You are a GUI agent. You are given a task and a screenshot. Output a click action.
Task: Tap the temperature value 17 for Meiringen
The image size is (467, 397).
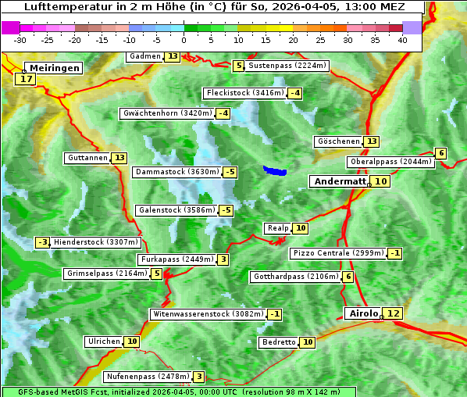[x=26, y=79]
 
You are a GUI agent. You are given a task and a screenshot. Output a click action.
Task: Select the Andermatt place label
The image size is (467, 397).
[x=340, y=181]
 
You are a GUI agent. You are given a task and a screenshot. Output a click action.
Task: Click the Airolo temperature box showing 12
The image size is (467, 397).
[x=393, y=313]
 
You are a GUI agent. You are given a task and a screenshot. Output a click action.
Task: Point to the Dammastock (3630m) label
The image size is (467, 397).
[x=176, y=172]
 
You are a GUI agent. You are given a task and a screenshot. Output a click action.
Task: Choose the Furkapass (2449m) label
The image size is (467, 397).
[x=176, y=259]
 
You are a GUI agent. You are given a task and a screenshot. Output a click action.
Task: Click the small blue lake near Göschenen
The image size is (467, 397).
[x=275, y=170]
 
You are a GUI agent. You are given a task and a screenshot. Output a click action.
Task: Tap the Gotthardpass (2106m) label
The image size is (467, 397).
[x=295, y=277]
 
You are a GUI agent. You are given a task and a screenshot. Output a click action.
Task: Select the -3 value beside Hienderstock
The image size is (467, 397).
[x=43, y=242]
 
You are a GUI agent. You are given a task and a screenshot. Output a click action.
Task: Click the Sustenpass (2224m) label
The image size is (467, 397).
[x=287, y=66]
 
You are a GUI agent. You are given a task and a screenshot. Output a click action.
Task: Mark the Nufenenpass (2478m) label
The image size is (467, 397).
[x=148, y=377]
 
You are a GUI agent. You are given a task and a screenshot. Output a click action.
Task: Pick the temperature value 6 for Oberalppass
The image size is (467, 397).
[x=441, y=153]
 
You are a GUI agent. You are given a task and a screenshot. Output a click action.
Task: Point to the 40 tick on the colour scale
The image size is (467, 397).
[x=402, y=40]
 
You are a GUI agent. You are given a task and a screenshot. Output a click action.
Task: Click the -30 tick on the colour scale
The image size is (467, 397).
[x=20, y=40]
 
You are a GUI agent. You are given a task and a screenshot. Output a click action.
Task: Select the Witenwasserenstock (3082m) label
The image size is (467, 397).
[x=208, y=314]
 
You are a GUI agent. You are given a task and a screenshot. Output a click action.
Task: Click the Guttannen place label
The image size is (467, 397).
[x=87, y=158]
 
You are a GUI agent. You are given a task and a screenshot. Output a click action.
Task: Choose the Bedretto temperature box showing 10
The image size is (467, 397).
[x=308, y=342]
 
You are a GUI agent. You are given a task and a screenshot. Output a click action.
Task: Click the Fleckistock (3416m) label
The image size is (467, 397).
[x=244, y=94]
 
